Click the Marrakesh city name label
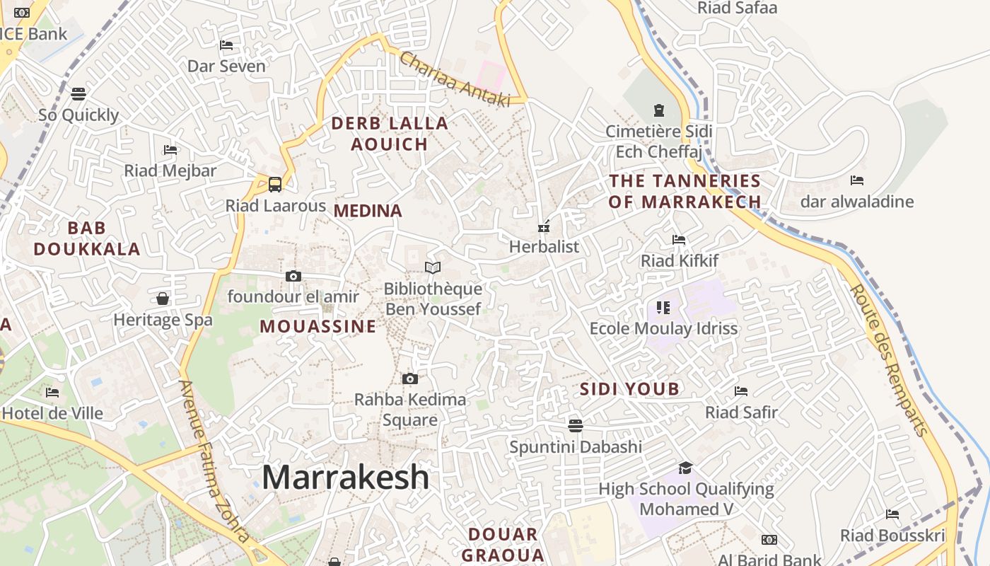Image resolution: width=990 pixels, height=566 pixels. click(x=345, y=478)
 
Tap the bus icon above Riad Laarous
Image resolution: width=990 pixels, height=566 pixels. click(x=275, y=184)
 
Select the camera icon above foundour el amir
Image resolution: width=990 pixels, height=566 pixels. click(x=293, y=276)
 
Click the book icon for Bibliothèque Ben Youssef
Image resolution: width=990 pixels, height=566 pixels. click(x=432, y=267)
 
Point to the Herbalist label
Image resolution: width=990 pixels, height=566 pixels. click(x=544, y=246)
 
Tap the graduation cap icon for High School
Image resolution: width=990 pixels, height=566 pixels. click(x=685, y=468)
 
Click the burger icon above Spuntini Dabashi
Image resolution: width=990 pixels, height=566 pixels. click(x=576, y=425)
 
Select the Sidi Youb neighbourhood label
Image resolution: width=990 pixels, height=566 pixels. click(x=629, y=388)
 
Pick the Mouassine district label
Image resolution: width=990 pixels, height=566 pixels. click(x=318, y=326)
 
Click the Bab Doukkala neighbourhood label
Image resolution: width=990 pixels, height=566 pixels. click(x=87, y=238)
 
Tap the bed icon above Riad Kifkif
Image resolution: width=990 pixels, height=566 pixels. click(x=679, y=240)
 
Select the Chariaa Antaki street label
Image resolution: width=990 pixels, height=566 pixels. click(x=454, y=79)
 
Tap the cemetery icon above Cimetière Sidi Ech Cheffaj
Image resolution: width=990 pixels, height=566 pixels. click(x=659, y=110)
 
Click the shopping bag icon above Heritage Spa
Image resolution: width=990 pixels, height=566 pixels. click(x=163, y=299)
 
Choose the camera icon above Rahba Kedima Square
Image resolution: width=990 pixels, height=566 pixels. click(x=409, y=379)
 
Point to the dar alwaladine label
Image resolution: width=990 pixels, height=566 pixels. click(x=857, y=202)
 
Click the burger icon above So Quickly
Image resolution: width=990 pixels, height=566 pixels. click(x=78, y=93)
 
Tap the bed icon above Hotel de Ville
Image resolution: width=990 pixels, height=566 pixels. click(x=52, y=392)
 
